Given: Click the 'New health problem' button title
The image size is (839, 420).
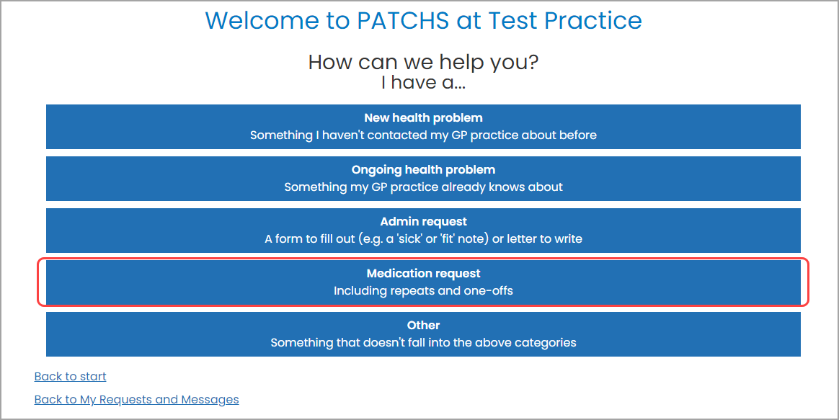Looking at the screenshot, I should tap(423, 117).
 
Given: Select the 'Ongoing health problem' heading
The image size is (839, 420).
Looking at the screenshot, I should tap(423, 170).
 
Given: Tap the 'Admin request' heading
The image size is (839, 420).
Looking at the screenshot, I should tap(423, 222).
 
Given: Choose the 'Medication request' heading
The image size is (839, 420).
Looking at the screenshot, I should tap(423, 274).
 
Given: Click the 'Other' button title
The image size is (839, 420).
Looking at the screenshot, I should tap(423, 326).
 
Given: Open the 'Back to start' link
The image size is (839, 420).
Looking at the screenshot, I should tap(70, 376).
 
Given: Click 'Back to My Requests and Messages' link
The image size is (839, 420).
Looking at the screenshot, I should tap(136, 399).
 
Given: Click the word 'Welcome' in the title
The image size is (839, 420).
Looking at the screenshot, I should tap(263, 20).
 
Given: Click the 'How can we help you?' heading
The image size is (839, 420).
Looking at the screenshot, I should tap(423, 62).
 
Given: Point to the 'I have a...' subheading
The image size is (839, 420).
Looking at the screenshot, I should tap(423, 83).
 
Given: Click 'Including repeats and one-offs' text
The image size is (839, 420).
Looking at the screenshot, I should tap(423, 291).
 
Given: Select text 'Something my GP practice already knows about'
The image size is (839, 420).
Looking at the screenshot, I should tap(423, 187).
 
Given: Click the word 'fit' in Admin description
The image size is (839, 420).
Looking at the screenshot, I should tap(454, 239).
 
